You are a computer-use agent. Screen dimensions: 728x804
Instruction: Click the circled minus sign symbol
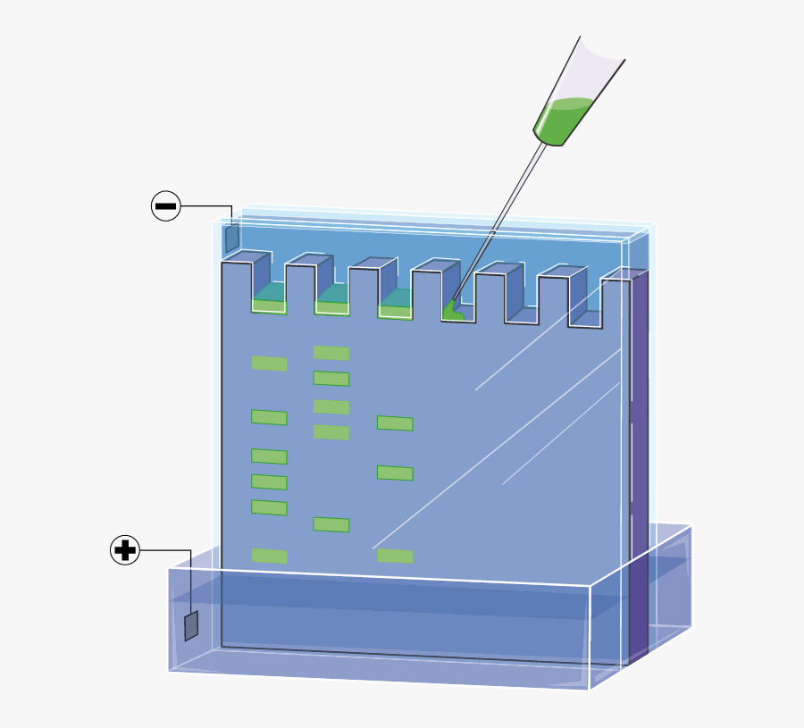166,206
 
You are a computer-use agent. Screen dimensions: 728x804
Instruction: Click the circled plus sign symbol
125,550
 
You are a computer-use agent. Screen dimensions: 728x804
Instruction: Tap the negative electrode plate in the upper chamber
232,238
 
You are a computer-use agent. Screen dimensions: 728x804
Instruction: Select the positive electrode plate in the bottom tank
191,625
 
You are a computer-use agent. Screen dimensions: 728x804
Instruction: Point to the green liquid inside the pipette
563,121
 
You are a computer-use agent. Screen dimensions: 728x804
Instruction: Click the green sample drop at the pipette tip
452,311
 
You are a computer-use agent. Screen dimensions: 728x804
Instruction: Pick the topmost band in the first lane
269,364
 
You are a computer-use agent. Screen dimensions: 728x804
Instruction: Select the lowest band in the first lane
269,556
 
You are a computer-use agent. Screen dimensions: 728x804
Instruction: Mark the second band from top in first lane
269,417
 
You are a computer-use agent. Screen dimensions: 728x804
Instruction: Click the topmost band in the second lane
331,353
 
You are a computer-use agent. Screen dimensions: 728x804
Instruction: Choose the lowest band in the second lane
331,524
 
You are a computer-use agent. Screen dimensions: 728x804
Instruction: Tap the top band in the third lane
395,423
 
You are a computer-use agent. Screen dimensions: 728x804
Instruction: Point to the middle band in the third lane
395,473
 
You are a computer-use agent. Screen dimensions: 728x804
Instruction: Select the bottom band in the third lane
395,556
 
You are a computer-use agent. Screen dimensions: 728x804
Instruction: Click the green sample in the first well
269,305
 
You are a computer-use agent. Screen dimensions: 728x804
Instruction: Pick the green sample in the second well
331,307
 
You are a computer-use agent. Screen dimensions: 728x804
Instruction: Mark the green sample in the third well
395,311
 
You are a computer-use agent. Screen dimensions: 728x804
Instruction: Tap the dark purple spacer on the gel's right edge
639,464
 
